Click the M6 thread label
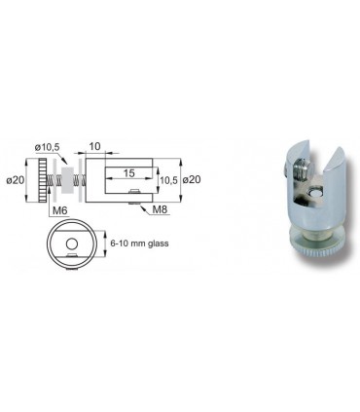click(60, 210)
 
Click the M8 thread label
click(160, 209)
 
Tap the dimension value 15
click(128, 173)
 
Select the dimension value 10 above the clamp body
click(94, 146)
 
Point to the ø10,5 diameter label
click(48, 147)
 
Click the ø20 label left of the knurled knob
click(16, 179)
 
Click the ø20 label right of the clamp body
click(192, 179)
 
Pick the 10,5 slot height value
click(169, 180)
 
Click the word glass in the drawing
click(158, 243)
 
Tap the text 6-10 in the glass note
click(118, 243)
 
